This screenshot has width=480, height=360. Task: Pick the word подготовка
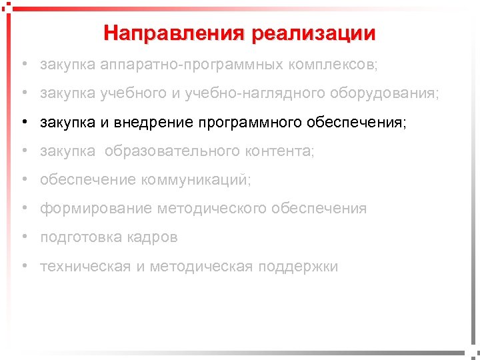click(80, 237)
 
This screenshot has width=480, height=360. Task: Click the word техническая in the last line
click(85, 267)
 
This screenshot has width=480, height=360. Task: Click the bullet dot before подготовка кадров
click(23, 237)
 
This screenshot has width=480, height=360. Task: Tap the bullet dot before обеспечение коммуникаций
click(23, 180)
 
